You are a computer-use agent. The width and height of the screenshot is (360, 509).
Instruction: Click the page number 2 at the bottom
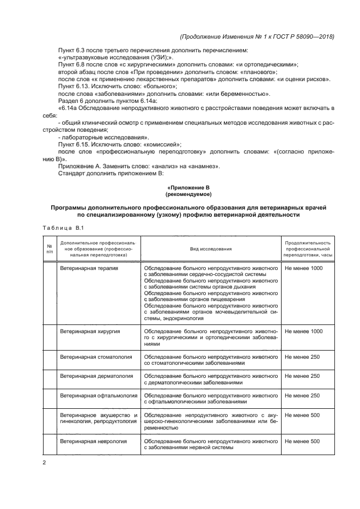pyautogui.click(x=44, y=463)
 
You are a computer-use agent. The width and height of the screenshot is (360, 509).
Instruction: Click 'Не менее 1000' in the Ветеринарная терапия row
pyautogui.click(x=303, y=268)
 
